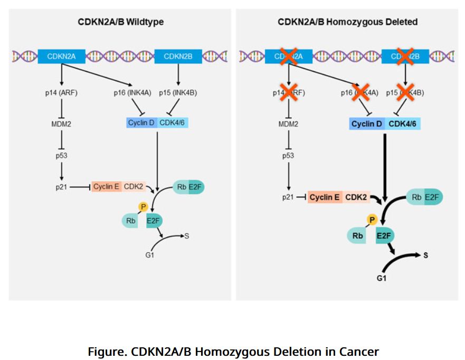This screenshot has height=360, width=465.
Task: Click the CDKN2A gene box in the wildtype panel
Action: click(62, 56)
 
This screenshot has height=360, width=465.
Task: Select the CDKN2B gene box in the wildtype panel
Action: click(178, 56)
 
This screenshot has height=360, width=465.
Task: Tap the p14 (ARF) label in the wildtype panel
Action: click(62, 93)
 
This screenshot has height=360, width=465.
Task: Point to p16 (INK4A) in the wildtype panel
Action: click(132, 93)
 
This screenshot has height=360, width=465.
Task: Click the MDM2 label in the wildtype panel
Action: click(62, 124)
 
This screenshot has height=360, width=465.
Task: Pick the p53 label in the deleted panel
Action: click(288, 156)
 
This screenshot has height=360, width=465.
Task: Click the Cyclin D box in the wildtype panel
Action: click(141, 123)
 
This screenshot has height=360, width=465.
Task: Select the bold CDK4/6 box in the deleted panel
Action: click(403, 124)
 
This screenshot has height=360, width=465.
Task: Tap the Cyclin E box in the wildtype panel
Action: click(106, 186)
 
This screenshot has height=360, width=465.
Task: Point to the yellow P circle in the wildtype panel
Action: click(143, 206)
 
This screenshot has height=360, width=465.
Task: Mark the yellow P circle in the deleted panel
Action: click(372, 219)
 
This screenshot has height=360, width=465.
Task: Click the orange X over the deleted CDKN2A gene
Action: click(288, 56)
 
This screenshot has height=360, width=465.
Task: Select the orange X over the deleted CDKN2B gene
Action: click(405, 56)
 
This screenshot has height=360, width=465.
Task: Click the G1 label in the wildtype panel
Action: click(149, 255)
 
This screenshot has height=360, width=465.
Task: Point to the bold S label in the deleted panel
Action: click(425, 255)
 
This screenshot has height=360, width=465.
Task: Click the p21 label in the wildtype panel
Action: click(62, 187)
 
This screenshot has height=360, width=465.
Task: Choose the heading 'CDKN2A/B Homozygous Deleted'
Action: click(347, 22)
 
